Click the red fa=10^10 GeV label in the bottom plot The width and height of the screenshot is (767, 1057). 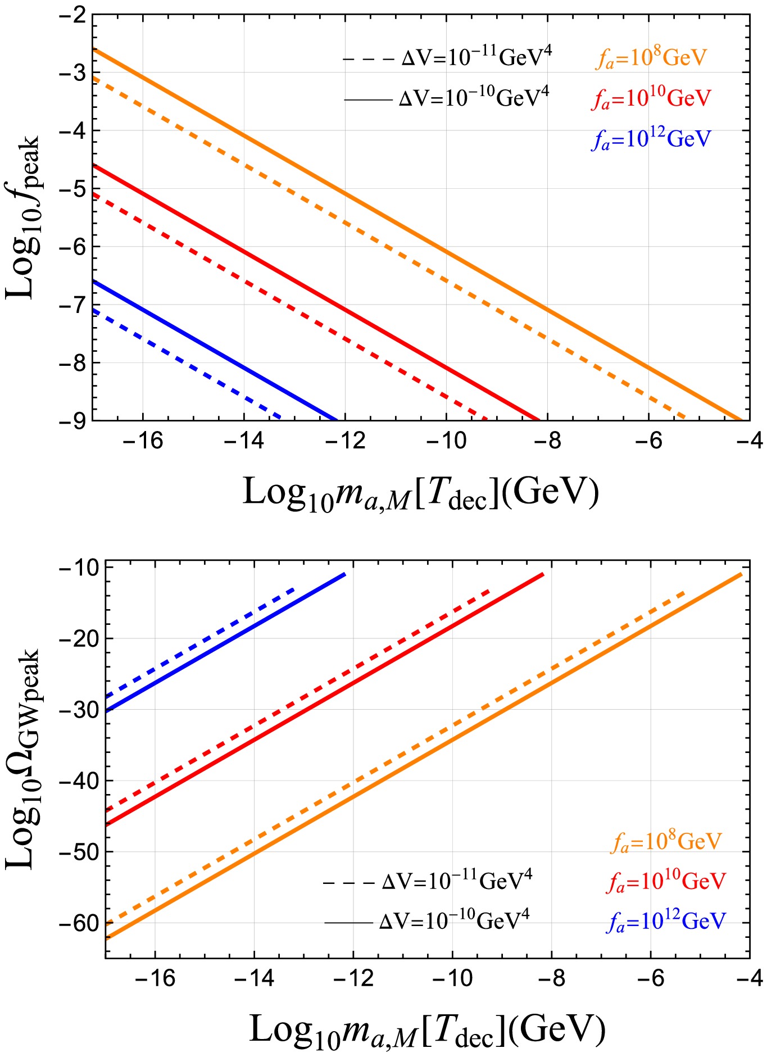pos(666,882)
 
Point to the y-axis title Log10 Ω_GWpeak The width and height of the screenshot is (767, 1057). pos(24,759)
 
